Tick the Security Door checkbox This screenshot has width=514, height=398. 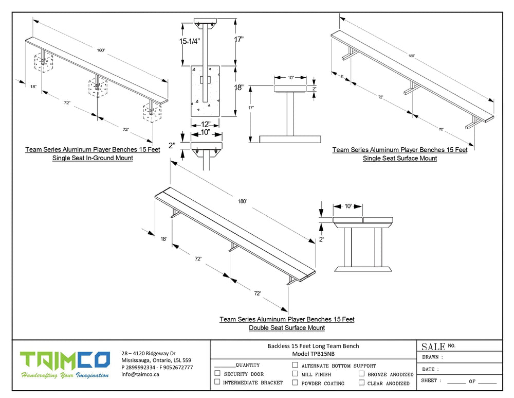coord(217,373)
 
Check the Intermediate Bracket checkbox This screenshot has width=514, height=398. coord(217,382)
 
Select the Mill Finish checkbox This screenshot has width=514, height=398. coord(295,374)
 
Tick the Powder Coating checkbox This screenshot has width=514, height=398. coord(295,383)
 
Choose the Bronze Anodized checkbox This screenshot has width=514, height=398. coord(362,374)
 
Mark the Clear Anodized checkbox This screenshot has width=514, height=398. coord(362,383)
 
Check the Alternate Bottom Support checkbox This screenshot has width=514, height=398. coord(295,365)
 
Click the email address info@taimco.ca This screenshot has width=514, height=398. coord(140,374)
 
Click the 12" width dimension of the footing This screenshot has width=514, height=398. coord(205,124)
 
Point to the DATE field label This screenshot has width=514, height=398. coord(429,369)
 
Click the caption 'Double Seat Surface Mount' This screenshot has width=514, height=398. coord(287,327)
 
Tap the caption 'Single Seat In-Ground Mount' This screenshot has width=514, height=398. coord(93,158)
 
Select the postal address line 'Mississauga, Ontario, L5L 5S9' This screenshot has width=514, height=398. coord(156,360)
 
